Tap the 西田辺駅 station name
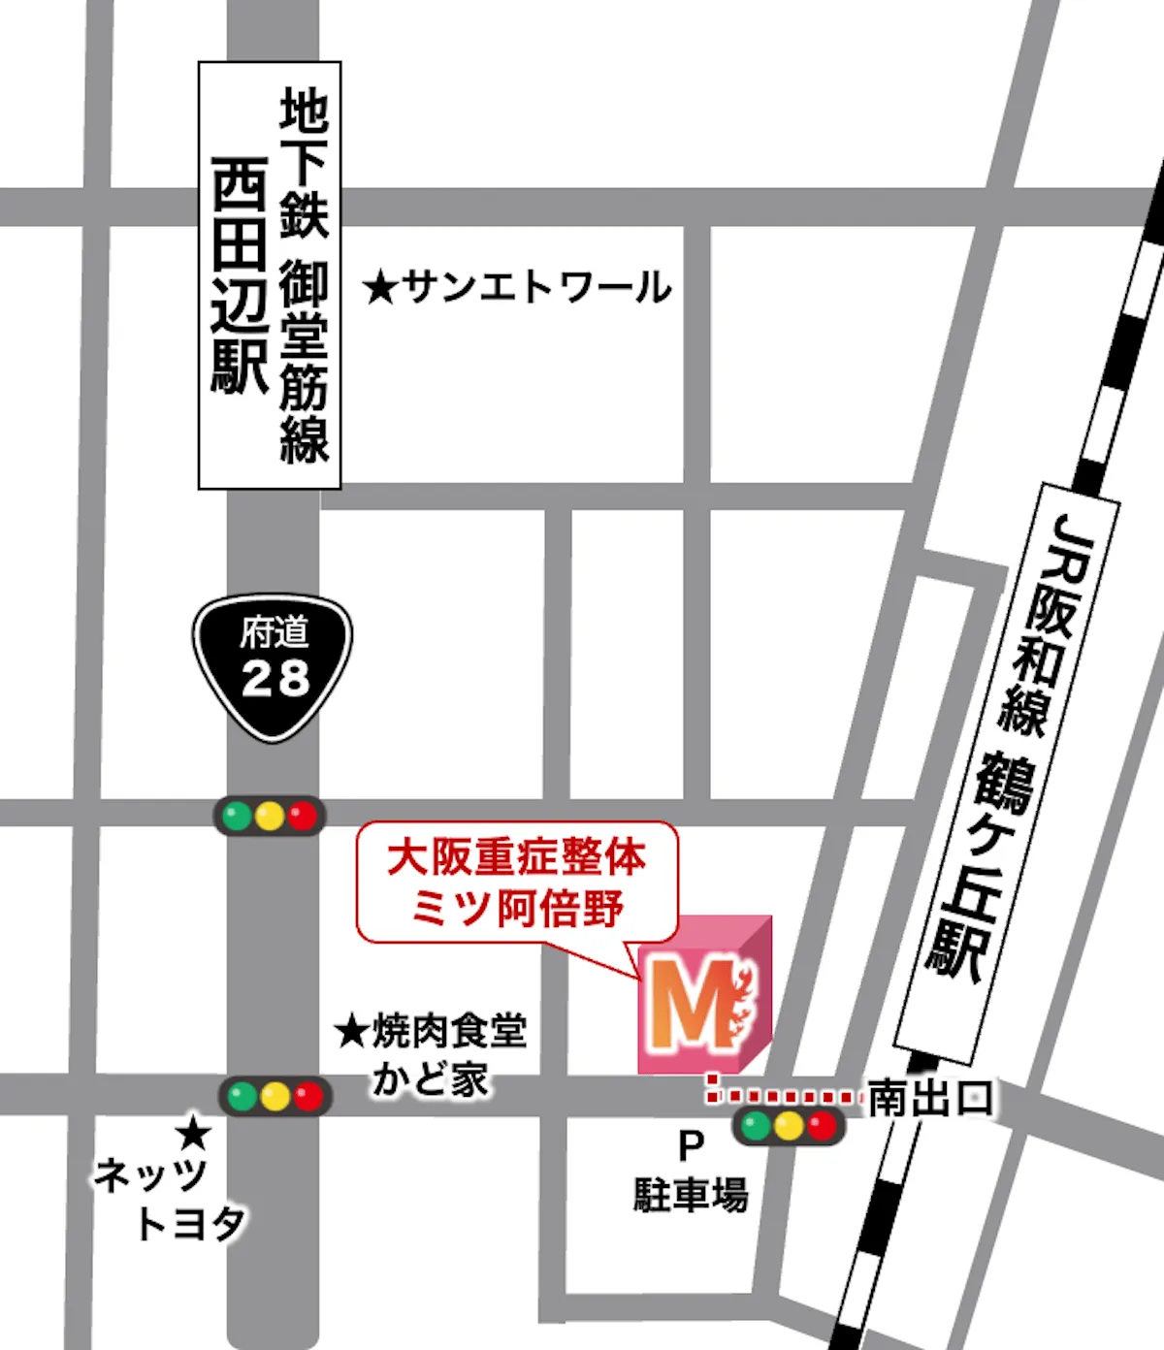(240, 275)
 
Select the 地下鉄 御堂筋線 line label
(305, 275)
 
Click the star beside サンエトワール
(381, 288)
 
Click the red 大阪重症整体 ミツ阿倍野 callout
(516, 883)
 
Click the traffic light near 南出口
(789, 1127)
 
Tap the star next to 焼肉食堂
(350, 1031)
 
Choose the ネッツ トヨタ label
(170, 1199)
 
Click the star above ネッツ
(194, 1132)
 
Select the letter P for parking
(691, 1147)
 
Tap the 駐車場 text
(691, 1195)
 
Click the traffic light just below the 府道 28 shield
(270, 817)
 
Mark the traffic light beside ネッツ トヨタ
(275, 1097)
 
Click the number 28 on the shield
(275, 679)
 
